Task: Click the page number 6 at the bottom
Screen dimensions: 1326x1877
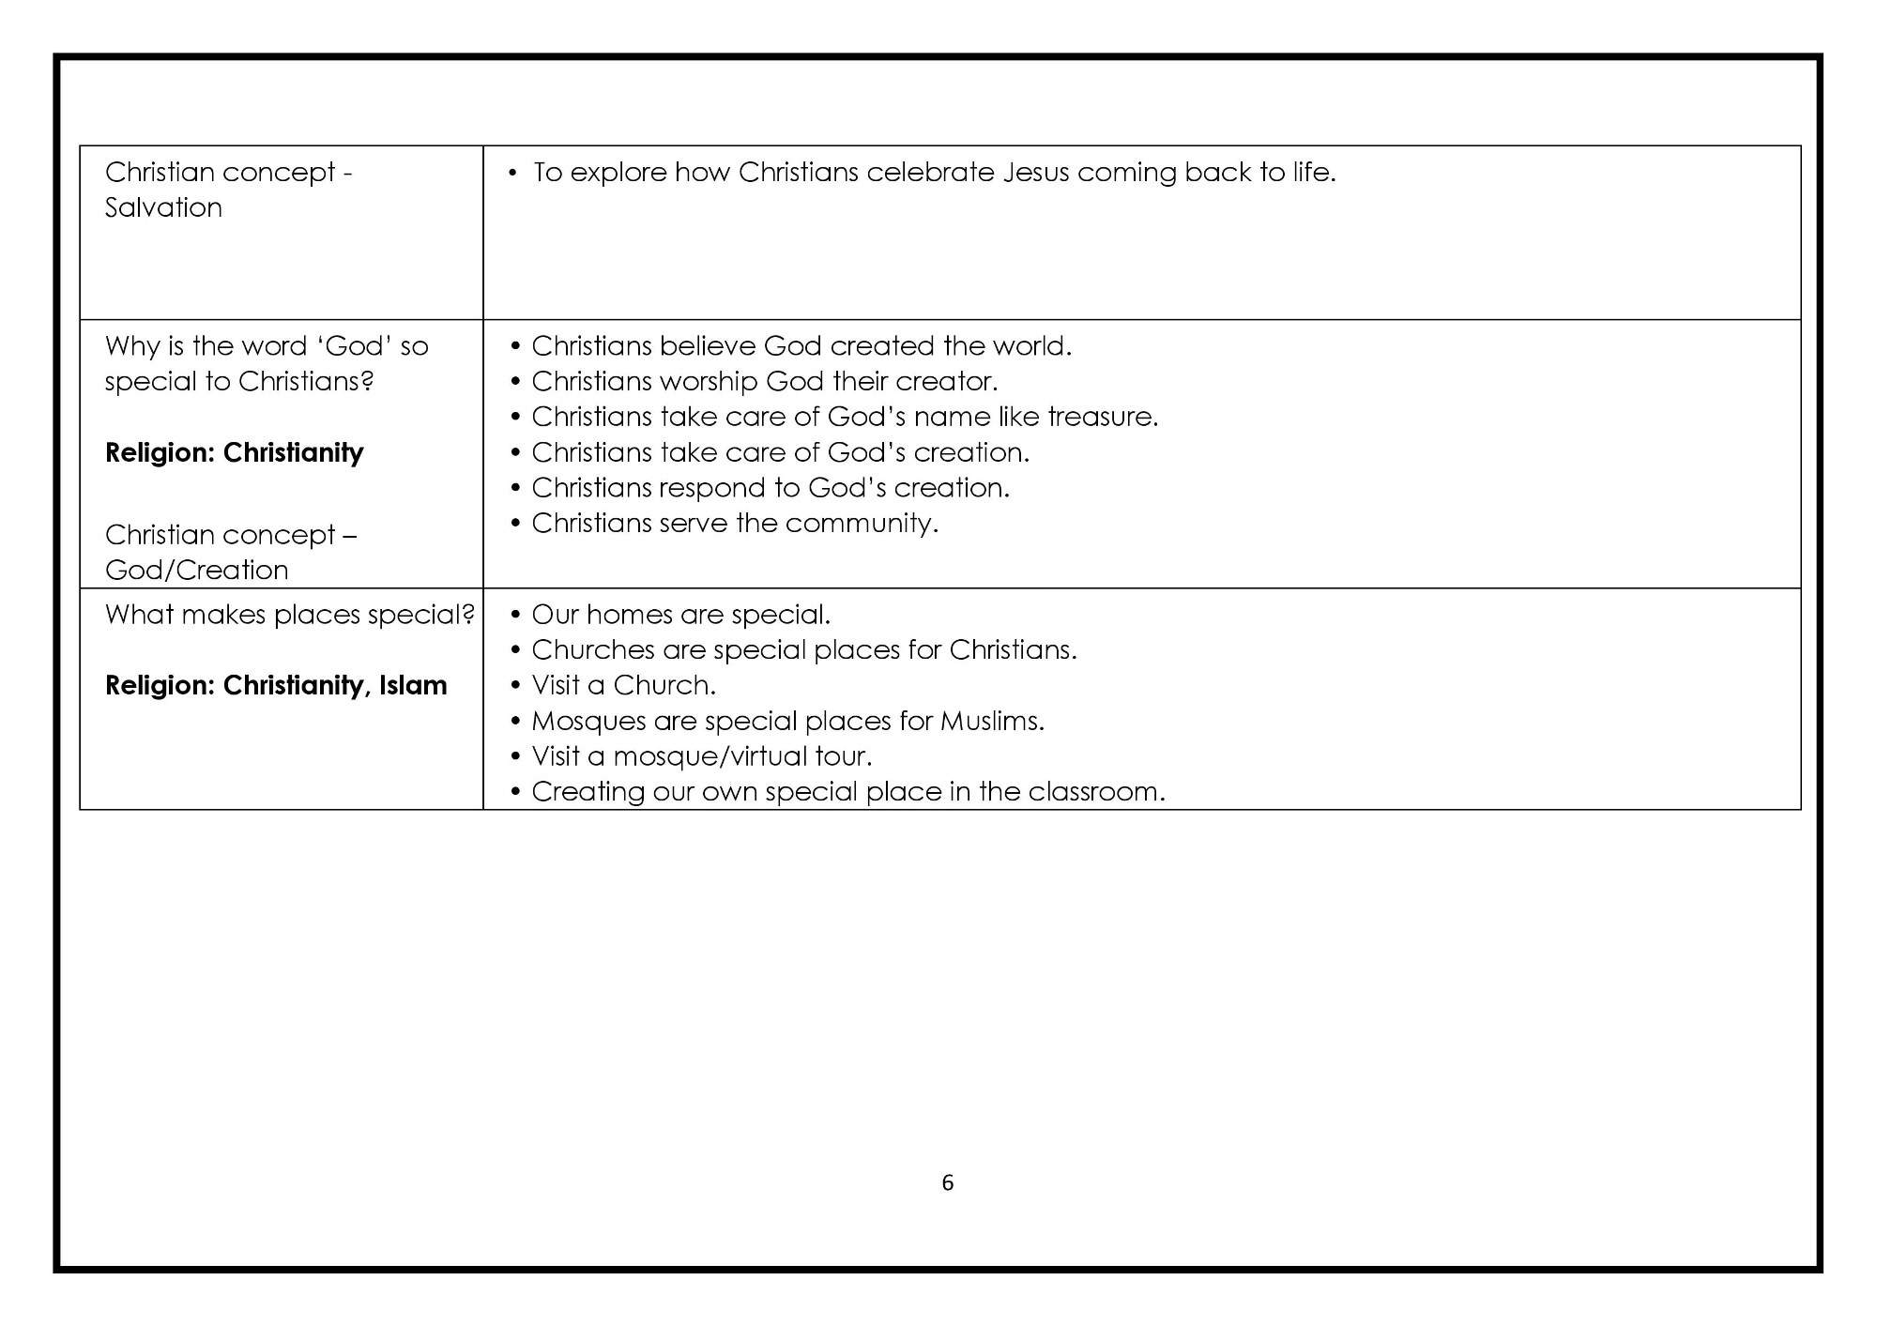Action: pos(947,1182)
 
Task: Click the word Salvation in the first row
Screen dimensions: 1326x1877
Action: pos(163,207)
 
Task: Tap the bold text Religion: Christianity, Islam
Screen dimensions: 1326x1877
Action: pos(276,686)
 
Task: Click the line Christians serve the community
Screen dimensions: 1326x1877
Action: pos(735,523)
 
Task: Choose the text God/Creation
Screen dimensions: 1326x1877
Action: pos(196,570)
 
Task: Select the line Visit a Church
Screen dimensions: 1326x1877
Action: pos(623,686)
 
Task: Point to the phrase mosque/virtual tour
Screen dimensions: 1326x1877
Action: pos(742,756)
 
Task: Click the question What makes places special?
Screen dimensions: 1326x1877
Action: pos(289,615)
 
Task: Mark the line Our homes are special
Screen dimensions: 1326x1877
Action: pos(680,615)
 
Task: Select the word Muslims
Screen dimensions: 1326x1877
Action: pos(991,722)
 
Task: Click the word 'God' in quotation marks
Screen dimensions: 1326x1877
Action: pos(354,346)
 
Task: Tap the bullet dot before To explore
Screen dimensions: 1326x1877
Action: pos(512,173)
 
